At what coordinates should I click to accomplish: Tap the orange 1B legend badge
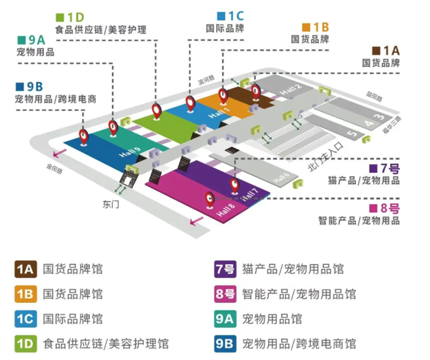tap(25, 294)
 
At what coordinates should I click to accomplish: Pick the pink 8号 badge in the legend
tap(225, 294)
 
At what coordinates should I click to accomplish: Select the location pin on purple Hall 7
tap(235, 185)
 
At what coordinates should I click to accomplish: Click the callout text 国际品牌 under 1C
tap(225, 28)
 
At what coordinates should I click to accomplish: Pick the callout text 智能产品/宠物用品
tap(359, 220)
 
